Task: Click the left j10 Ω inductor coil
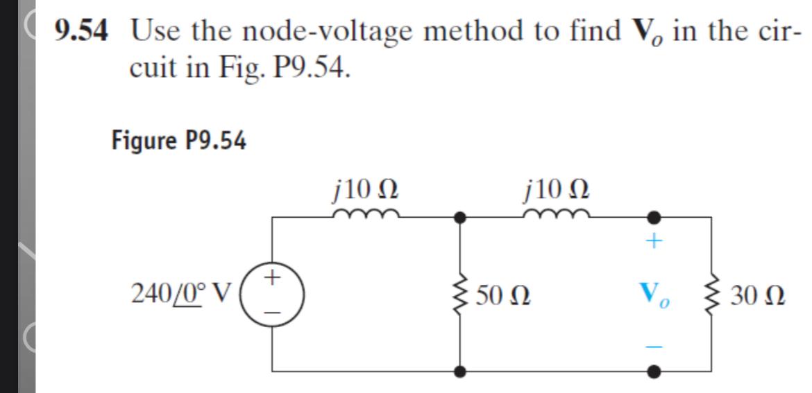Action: coord(365,213)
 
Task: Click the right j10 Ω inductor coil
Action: coord(559,213)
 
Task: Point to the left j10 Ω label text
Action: coord(365,187)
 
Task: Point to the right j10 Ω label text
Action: coord(559,187)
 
